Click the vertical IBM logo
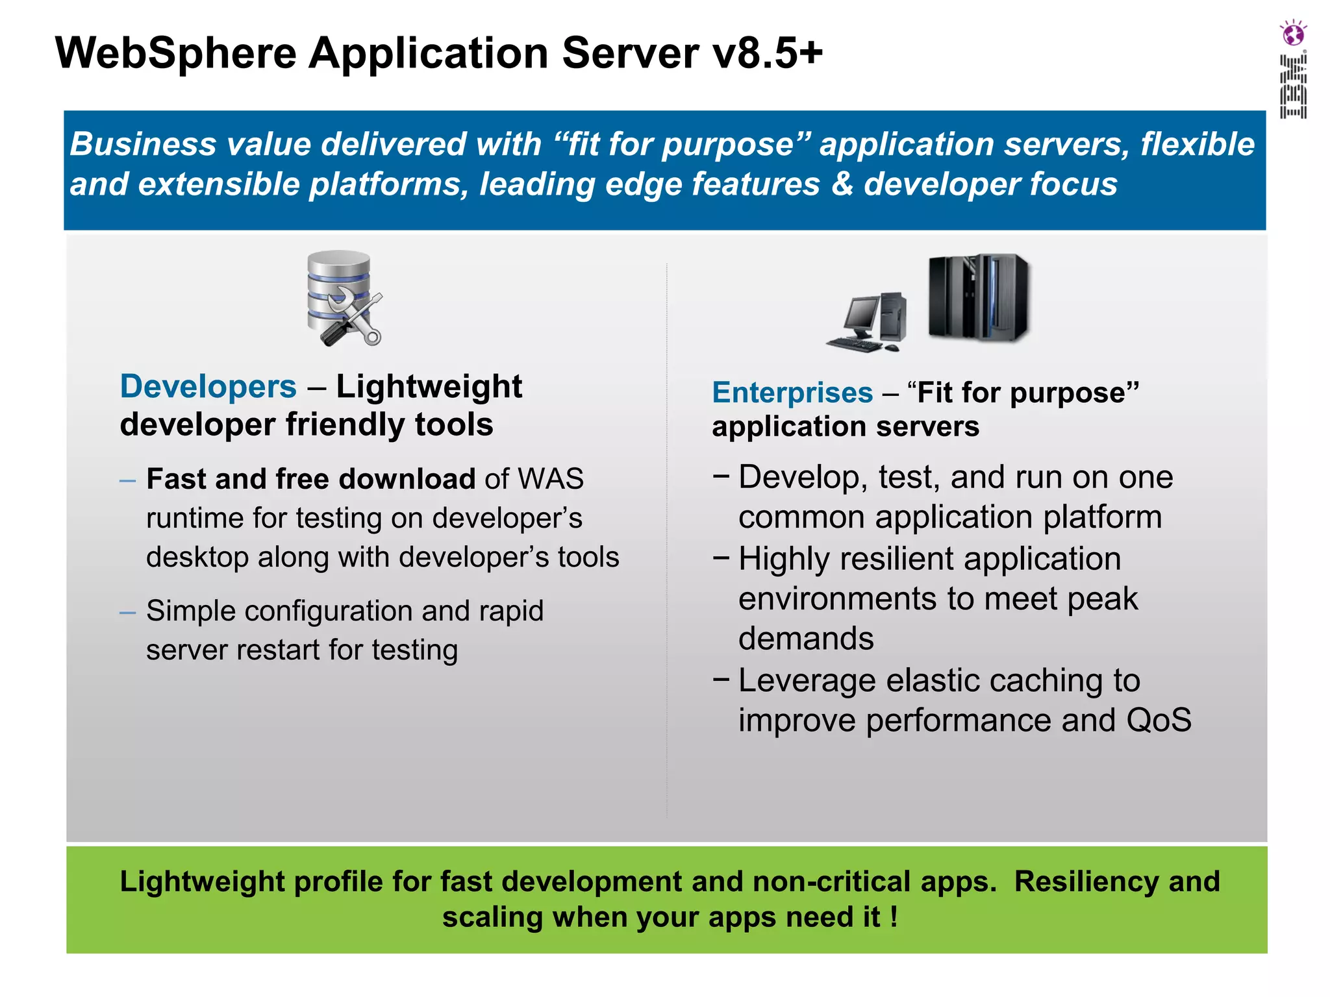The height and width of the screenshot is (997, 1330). click(1293, 86)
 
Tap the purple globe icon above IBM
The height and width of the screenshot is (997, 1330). click(1293, 33)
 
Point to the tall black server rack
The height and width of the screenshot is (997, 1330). click(979, 297)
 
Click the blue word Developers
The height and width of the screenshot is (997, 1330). click(208, 387)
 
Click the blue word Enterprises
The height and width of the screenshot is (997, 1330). click(792, 393)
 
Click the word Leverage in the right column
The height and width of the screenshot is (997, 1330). click(807, 681)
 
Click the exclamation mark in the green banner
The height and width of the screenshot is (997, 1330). click(894, 917)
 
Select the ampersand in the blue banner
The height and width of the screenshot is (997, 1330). click(842, 184)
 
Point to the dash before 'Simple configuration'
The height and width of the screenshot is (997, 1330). click(127, 612)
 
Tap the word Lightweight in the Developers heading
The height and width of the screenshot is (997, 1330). click(429, 387)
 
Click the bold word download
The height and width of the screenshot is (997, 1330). click(407, 479)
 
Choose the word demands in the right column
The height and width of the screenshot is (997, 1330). click(806, 639)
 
